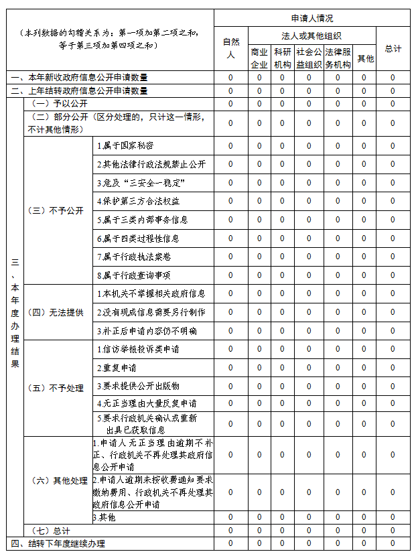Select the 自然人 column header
[230, 48]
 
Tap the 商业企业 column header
[259, 58]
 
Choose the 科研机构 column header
[282, 58]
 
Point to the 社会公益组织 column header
[309, 58]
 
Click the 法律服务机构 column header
[338, 58]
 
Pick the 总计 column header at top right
[393, 48]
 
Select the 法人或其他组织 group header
[311, 35]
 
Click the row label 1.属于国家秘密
[125, 145]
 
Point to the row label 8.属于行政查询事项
[133, 275]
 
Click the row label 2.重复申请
[117, 368]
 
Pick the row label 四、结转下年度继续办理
[58, 543]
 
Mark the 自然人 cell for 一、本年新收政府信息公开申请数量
[230, 78]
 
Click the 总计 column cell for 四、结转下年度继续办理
[393, 543]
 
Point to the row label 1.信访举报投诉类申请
[138, 349]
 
